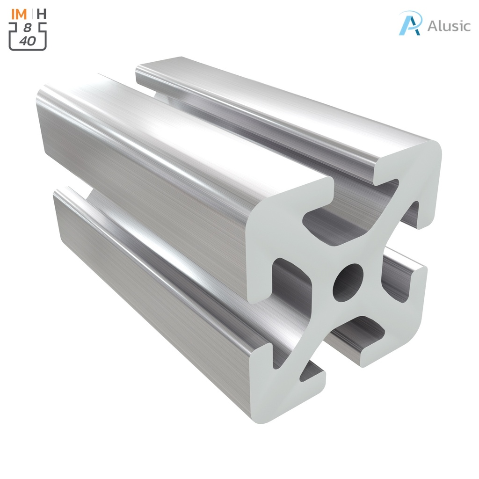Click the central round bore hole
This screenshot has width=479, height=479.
point(348,282)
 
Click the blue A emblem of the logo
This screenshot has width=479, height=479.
point(410,23)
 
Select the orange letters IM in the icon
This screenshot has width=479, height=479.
point(19,14)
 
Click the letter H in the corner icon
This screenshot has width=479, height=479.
point(41,14)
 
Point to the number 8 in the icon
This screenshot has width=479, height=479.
point(28,29)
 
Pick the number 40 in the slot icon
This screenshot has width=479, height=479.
point(28,41)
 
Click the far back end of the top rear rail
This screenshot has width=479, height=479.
point(159,65)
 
